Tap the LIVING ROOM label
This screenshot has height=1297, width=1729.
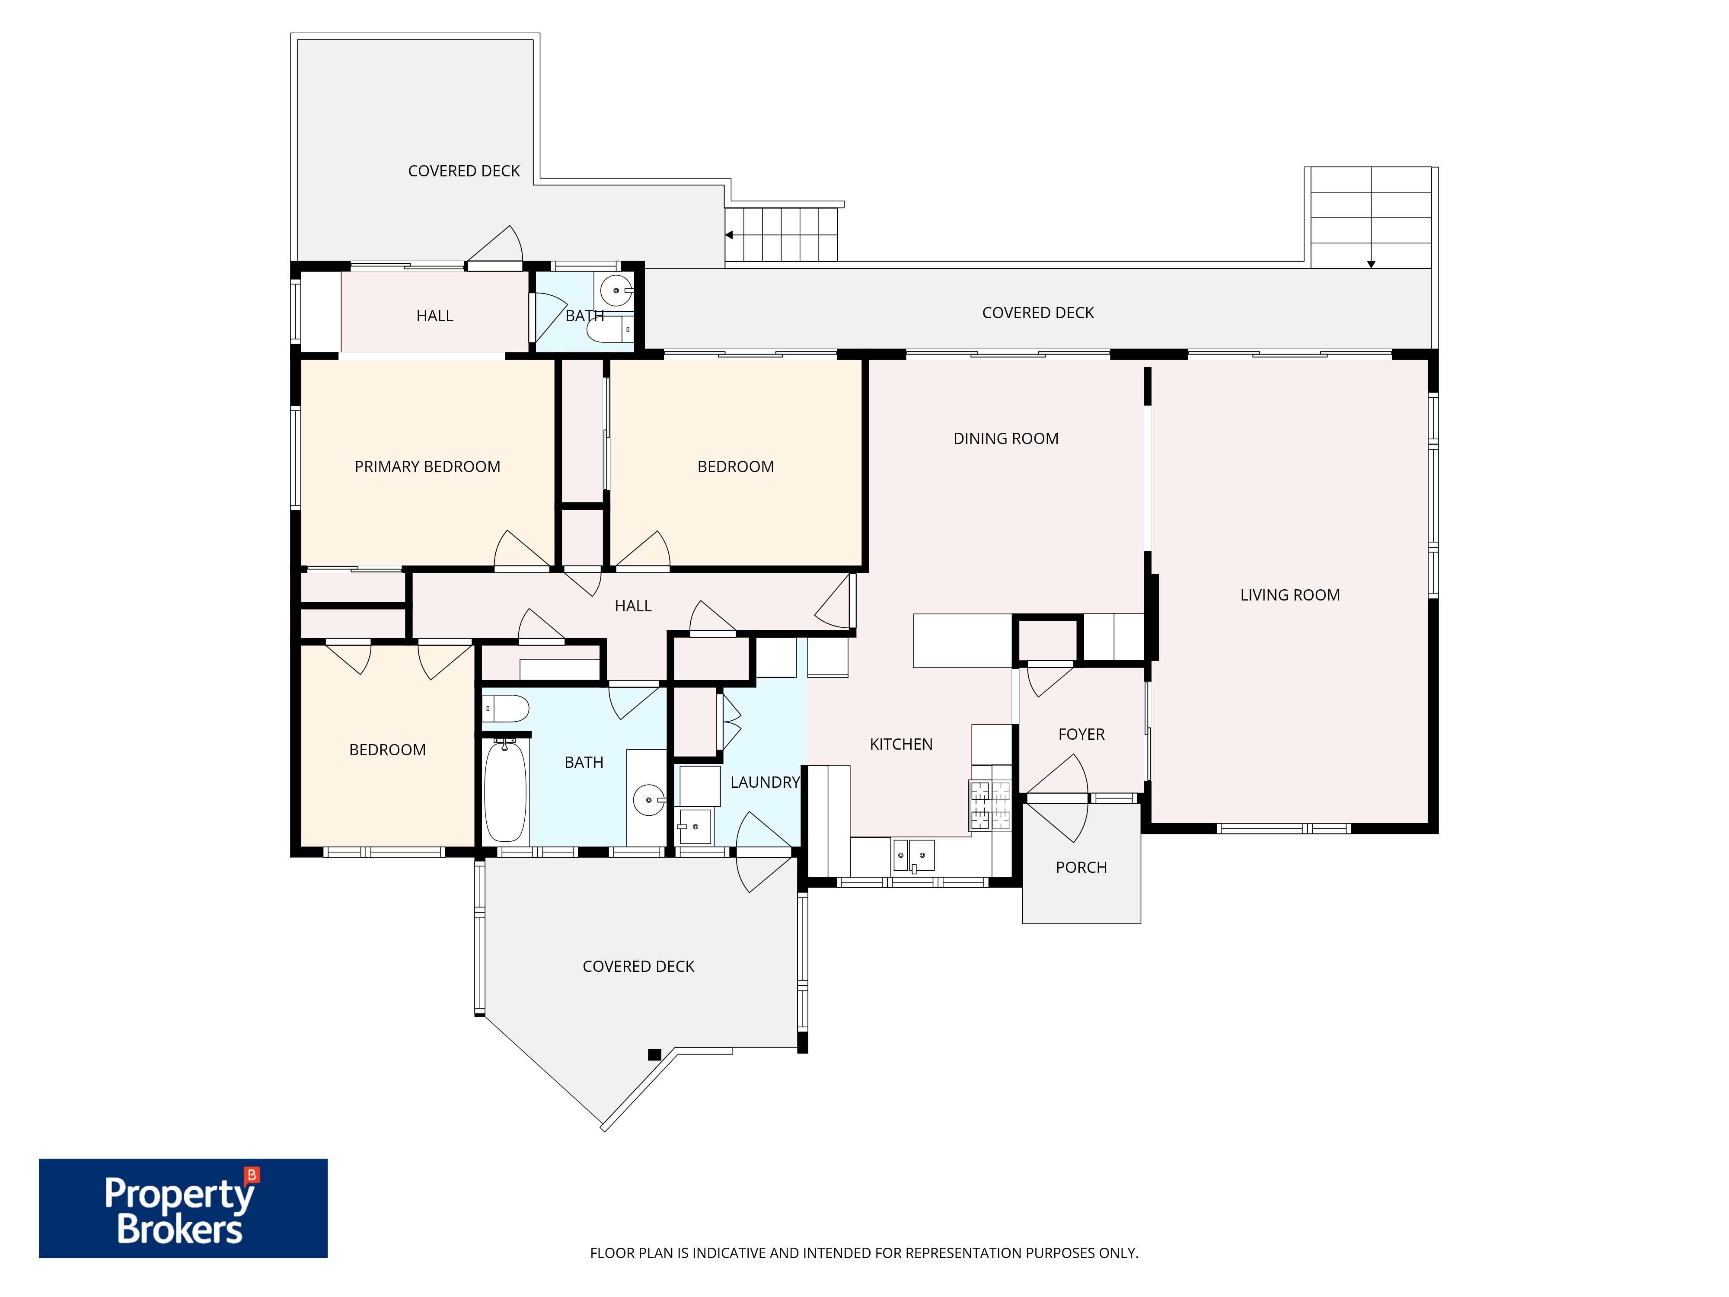click(1290, 595)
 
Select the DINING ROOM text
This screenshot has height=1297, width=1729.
click(1006, 438)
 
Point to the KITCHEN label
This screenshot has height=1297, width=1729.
click(901, 744)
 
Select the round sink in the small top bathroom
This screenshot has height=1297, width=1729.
click(616, 291)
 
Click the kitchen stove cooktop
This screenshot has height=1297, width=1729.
click(989, 805)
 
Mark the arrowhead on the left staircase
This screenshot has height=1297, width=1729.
click(728, 234)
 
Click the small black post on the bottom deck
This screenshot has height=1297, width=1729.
click(654, 1054)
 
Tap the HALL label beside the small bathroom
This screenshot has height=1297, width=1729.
click(434, 316)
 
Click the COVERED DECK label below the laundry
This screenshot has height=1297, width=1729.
click(638, 966)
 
